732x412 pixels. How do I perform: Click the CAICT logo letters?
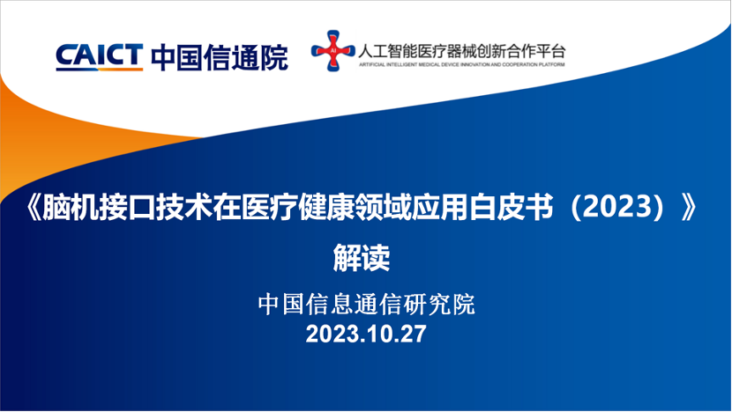98,55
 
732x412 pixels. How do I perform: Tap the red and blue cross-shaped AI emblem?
332,53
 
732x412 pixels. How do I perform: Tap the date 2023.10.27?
365,335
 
